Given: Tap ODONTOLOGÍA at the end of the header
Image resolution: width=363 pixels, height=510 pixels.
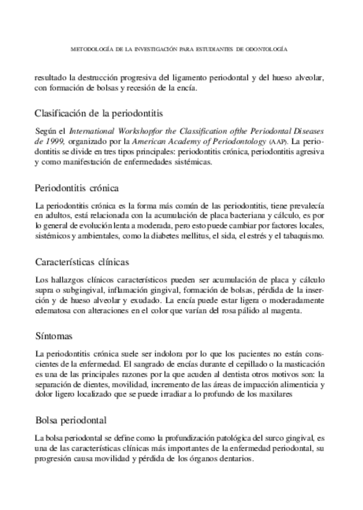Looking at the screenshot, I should point(267,51).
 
